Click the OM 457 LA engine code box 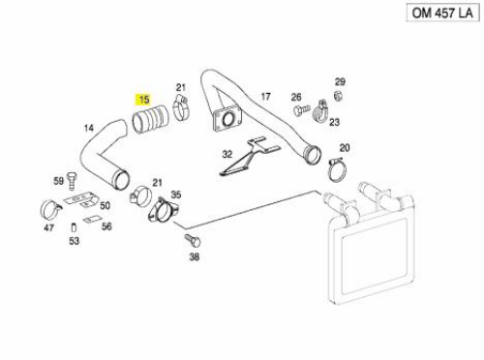[x=442, y=13]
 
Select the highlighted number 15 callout [x=143, y=100]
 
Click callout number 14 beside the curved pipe [x=89, y=128]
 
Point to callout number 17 [x=265, y=96]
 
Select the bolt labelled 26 [x=302, y=109]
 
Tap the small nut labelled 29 [x=338, y=96]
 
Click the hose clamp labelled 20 [x=338, y=169]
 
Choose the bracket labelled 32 [x=251, y=158]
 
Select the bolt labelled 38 [x=193, y=241]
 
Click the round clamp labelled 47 [x=51, y=210]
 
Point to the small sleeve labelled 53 [x=74, y=227]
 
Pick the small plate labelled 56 [x=91, y=219]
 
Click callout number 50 [x=105, y=205]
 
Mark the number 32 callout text [x=227, y=154]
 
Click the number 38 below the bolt [x=194, y=256]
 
